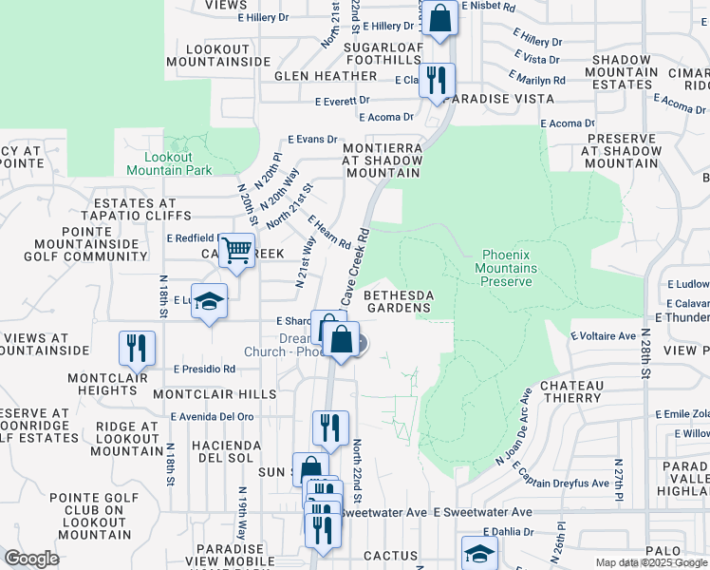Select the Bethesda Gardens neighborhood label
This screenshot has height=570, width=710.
(399, 300)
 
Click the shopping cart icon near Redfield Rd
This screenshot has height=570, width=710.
(237, 252)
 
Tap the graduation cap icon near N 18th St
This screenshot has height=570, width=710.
(210, 302)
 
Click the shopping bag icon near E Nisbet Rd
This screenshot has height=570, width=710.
(440, 18)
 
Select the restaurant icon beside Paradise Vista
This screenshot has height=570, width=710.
(437, 81)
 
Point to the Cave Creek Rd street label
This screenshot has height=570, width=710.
(354, 265)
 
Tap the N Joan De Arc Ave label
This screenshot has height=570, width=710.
(512, 427)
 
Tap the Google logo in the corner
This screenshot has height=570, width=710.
(31, 559)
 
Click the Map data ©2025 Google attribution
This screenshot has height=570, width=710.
(651, 562)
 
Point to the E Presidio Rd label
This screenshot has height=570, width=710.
(204, 369)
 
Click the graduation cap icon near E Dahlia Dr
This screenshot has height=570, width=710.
(479, 554)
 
